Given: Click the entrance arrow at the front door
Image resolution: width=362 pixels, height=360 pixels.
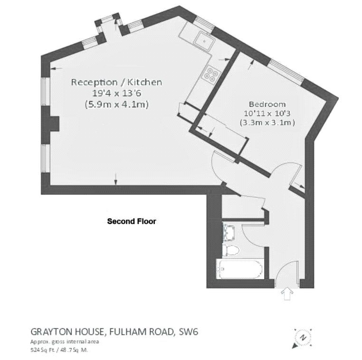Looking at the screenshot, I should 287,294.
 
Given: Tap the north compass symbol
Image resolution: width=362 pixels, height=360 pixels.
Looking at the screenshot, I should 302,337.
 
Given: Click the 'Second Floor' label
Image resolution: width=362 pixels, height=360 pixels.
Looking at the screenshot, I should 132,221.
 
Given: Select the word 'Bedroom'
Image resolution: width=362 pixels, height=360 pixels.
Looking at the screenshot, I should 267,104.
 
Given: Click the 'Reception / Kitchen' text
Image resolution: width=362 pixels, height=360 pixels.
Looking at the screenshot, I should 116,82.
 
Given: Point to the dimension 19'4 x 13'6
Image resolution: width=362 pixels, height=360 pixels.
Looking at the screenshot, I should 116,94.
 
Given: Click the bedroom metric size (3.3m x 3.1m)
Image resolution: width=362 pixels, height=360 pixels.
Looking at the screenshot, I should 267,123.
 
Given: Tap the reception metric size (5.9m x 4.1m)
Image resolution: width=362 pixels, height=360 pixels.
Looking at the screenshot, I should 116,104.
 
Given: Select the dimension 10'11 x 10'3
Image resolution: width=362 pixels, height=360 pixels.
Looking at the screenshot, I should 267,114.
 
